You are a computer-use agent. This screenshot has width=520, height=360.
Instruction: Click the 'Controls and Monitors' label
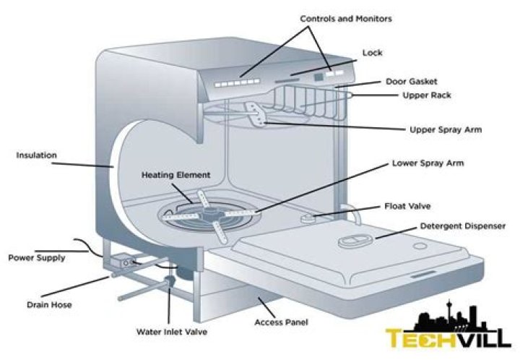point(345,19)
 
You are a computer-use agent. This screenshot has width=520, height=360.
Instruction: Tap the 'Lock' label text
point(372,53)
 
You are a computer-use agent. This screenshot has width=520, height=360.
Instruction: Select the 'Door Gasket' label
point(411,81)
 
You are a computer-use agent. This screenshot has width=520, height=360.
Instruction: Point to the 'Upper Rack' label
point(427,95)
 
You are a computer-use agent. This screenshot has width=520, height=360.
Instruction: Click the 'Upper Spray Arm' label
point(446,129)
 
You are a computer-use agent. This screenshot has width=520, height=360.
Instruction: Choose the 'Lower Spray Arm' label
point(428,163)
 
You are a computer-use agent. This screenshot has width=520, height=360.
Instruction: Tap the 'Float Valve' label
point(407,206)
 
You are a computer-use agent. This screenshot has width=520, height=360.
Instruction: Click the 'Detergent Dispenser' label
point(463,226)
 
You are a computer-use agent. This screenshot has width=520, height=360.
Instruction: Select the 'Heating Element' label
point(175,175)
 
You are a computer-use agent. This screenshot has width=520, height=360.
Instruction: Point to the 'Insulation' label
point(37,155)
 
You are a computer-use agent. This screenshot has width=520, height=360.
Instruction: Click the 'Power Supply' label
point(37,258)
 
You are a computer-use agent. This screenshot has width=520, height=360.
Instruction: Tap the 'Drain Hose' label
point(49,304)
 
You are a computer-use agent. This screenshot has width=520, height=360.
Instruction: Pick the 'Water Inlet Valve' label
point(172,332)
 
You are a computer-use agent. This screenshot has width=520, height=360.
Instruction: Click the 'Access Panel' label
point(281,322)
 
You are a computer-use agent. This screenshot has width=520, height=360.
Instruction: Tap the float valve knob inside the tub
point(308,218)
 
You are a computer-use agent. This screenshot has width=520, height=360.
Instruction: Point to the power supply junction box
point(123,260)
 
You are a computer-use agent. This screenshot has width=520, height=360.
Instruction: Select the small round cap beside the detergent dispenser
point(420,247)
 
